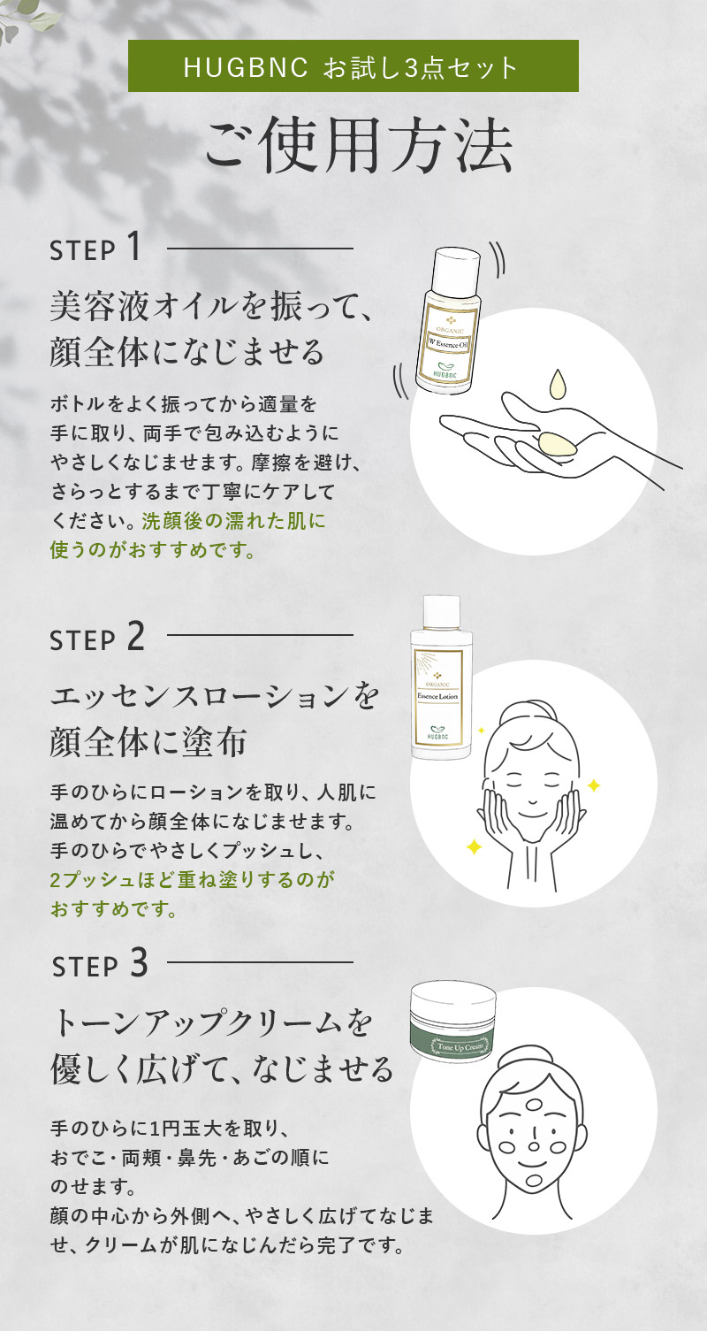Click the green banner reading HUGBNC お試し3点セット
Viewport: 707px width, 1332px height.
coord(353,66)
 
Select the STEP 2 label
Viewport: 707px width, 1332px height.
coord(97,638)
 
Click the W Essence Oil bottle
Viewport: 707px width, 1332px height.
coord(449,320)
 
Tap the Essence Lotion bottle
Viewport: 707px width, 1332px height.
coord(441,677)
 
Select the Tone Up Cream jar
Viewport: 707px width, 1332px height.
coord(454,1022)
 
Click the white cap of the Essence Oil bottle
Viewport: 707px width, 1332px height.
coord(456,266)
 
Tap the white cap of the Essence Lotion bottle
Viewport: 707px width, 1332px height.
coord(441,615)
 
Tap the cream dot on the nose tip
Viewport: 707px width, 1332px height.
coord(534,1145)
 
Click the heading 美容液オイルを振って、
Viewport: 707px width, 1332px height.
coord(211,306)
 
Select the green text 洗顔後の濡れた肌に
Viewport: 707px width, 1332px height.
coord(234,521)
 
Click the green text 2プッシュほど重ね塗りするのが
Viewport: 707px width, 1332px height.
coord(192,879)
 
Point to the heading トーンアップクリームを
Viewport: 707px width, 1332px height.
coord(212,1022)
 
